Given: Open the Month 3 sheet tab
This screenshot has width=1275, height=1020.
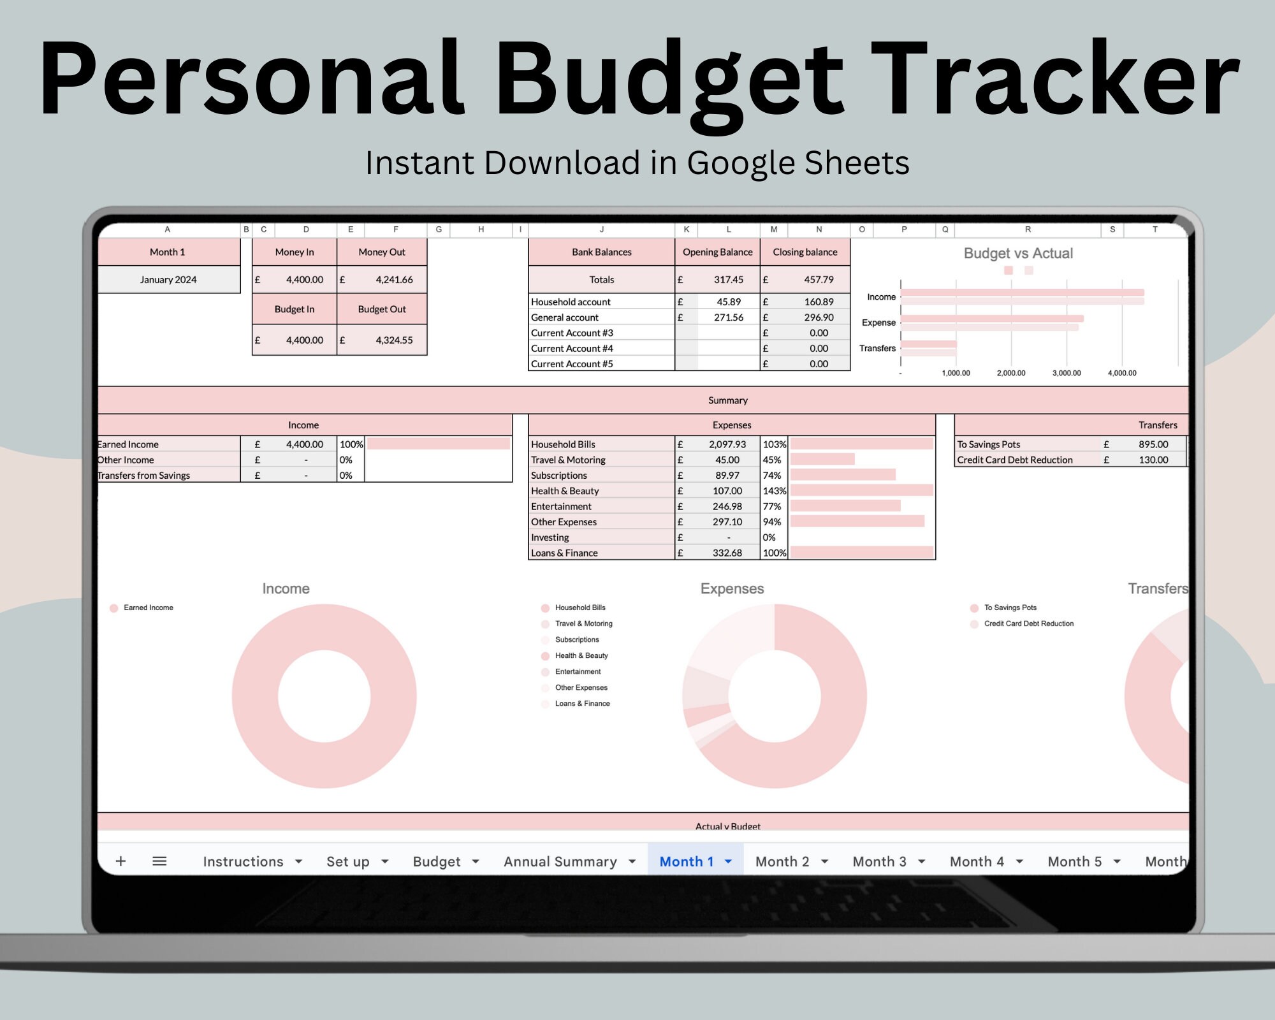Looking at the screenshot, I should (879, 861).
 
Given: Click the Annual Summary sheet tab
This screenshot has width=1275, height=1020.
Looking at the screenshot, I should (560, 861).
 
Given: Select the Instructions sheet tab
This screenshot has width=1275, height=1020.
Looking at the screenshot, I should (243, 861).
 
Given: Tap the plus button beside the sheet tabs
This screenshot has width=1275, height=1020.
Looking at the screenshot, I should (120, 861).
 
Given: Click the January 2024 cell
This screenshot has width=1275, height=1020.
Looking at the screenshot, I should (168, 279).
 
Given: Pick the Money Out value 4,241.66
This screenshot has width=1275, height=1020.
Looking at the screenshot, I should (394, 279).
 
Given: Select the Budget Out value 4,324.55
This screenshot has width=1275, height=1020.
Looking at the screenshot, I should (394, 340).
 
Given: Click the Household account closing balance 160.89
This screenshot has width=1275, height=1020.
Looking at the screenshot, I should (819, 302).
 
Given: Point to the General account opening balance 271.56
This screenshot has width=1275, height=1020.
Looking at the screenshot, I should (729, 317).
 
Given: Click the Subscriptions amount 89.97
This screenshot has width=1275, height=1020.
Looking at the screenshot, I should (727, 475).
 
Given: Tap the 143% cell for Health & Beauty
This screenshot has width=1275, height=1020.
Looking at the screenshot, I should (775, 491).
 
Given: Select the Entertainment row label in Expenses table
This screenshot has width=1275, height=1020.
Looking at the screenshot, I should (561, 506).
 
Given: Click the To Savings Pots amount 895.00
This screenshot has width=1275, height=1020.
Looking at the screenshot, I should (1153, 444).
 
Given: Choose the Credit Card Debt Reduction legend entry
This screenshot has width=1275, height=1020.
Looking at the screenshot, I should (1028, 623).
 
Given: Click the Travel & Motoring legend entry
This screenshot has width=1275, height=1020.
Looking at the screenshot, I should (583, 623).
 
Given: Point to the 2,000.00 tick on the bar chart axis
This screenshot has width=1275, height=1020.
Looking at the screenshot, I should (1011, 373).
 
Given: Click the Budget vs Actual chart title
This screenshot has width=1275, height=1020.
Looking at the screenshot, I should (1018, 253).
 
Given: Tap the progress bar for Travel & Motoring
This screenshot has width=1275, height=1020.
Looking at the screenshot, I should (822, 460).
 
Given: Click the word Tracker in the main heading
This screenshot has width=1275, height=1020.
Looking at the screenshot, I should (1055, 80).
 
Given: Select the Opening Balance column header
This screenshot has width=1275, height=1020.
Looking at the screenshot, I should (717, 252).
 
